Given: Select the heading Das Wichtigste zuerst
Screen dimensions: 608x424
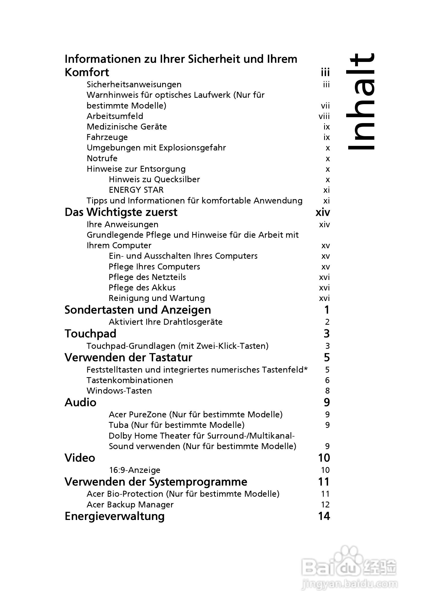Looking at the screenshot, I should coord(121,212).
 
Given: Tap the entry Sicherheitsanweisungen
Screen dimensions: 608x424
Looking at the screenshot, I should coord(134,85).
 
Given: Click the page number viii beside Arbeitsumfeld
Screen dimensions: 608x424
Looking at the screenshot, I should coord(324,116).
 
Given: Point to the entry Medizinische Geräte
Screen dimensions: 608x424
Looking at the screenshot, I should coord(127,127).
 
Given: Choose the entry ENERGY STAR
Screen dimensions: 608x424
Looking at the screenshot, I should coord(136,190).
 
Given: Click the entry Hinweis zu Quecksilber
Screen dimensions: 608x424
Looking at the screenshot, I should coord(154,180).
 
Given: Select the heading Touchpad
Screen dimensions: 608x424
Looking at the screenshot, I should coord(90,334).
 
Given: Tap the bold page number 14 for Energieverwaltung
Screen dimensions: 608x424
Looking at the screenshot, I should coord(324,516).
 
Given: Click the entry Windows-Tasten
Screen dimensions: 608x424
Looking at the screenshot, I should coord(119,391).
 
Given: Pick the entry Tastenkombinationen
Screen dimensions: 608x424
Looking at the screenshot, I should coord(130,380).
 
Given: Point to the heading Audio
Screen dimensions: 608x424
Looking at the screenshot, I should coord(81,403).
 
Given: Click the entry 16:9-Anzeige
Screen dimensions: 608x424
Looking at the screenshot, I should coord(135,470).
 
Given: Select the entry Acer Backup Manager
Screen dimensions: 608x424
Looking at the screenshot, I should coord(130,505).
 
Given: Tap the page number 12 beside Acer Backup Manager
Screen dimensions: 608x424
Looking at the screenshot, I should coord(325,505).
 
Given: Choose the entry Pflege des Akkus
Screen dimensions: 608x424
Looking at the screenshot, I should coord(142,288).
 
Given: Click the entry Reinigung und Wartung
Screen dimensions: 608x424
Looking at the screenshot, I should coord(157,298).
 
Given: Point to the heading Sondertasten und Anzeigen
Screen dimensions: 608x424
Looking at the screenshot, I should coord(137,310).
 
